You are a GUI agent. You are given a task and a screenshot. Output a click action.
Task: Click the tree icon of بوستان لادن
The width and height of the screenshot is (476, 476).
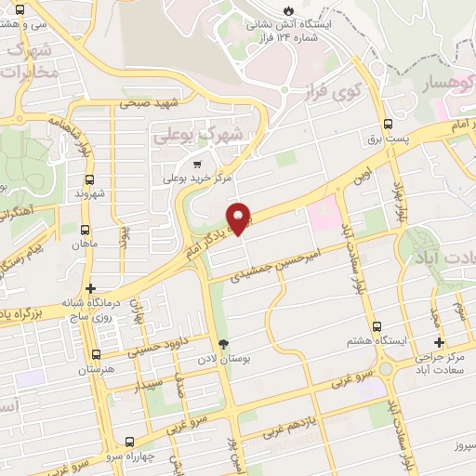tap(222, 344)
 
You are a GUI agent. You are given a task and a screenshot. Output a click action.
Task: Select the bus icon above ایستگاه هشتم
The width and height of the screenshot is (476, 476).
tap(377, 326)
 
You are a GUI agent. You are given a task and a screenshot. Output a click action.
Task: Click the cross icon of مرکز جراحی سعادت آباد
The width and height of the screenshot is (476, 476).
tap(439, 342)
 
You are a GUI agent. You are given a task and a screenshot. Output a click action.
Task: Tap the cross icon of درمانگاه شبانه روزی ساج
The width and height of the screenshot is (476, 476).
tap(90, 288)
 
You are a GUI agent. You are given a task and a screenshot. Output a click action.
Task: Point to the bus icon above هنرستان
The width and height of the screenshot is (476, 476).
tap(95, 354)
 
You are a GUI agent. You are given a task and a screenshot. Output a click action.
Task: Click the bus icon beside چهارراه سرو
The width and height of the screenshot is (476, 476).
tap(129, 442)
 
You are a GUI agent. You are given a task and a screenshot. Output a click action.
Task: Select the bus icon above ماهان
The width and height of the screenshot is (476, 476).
tap(86, 231)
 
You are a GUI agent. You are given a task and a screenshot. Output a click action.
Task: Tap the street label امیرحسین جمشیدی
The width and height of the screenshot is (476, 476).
tap(278, 262)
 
